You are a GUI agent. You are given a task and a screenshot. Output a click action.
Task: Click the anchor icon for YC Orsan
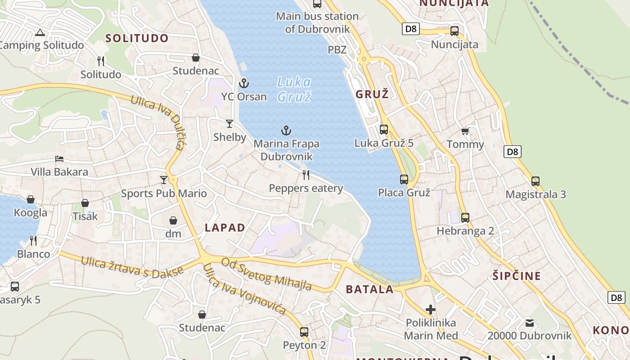(243, 83)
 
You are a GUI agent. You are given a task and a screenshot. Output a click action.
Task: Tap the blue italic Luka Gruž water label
(294, 89)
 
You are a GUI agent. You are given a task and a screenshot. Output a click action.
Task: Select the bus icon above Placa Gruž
(404, 180)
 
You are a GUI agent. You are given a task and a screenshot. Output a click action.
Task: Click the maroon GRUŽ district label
(372, 94)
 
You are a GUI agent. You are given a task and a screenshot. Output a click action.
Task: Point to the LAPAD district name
(225, 228)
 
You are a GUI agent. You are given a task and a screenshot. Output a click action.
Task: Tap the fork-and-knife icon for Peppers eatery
(306, 175)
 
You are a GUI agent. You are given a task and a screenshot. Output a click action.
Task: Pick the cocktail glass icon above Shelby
(229, 124)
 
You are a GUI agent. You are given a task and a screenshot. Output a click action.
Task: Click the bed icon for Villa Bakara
(59, 159)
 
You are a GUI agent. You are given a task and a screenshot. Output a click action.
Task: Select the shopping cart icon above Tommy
(465, 131)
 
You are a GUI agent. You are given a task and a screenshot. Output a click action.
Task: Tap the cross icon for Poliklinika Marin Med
(431, 310)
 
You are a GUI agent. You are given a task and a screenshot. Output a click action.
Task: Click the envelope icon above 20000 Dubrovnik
(530, 323)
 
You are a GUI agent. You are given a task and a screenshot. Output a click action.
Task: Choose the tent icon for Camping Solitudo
(40, 32)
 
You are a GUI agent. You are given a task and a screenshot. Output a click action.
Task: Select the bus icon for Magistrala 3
(535, 181)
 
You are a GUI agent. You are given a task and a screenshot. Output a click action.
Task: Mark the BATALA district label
(370, 289)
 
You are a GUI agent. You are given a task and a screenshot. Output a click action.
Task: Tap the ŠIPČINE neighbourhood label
(517, 276)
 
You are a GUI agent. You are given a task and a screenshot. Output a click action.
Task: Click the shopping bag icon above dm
(173, 220)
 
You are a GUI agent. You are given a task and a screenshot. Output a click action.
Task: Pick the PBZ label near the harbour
(337, 49)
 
